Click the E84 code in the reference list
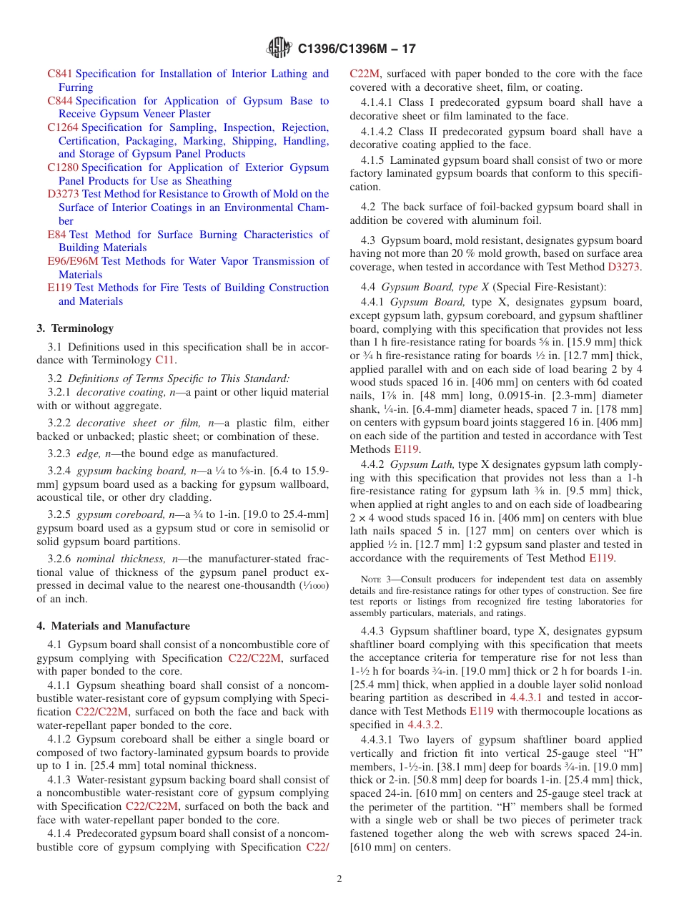[56, 235]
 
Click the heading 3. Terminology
[75, 328]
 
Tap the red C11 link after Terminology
[164, 361]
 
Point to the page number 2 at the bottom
[339, 879]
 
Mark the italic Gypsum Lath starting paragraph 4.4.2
[422, 464]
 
